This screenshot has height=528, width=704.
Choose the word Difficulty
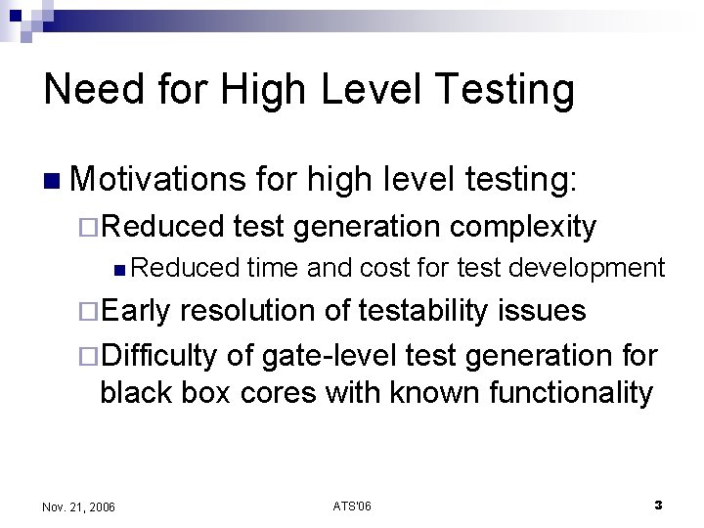tap(159, 352)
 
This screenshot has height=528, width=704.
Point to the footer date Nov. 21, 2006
tap(79, 506)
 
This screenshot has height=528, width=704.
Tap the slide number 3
tap(658, 506)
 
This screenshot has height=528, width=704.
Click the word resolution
tap(257, 312)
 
